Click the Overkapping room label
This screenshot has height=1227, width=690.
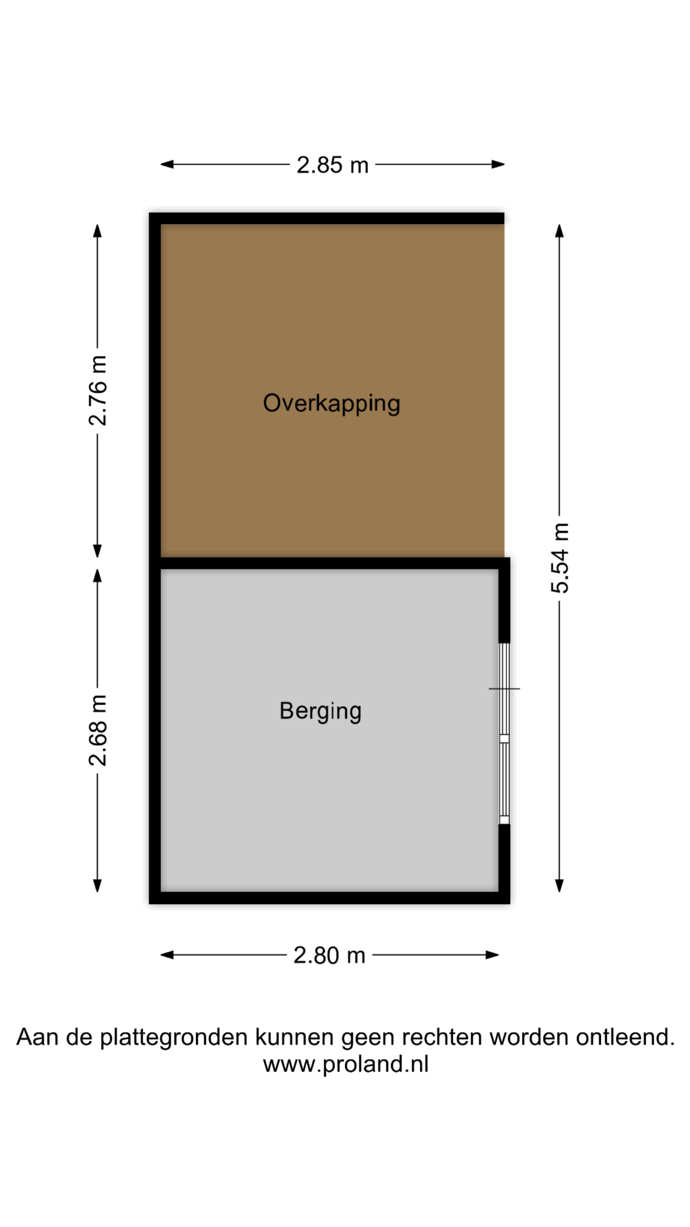click(332, 403)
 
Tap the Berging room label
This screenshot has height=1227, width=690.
click(320, 711)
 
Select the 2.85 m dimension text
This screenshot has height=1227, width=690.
click(332, 165)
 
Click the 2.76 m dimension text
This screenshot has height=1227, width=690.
click(98, 390)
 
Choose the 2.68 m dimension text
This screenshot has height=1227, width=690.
click(98, 730)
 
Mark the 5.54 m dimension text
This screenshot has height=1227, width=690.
click(560, 558)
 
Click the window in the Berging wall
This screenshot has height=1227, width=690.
click(504, 734)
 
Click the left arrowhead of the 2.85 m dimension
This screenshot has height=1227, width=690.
click(167, 164)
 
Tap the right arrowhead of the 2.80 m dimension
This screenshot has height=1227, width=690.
click(492, 955)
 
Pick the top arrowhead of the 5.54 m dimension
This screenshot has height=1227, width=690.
click(559, 231)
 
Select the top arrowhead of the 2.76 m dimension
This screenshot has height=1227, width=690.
click(98, 231)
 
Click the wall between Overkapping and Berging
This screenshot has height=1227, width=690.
click(329, 563)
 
